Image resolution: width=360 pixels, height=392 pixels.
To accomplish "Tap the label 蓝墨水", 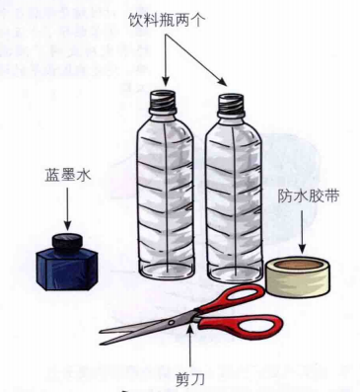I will [66, 175].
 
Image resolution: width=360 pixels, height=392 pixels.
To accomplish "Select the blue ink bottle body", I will [66, 268].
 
